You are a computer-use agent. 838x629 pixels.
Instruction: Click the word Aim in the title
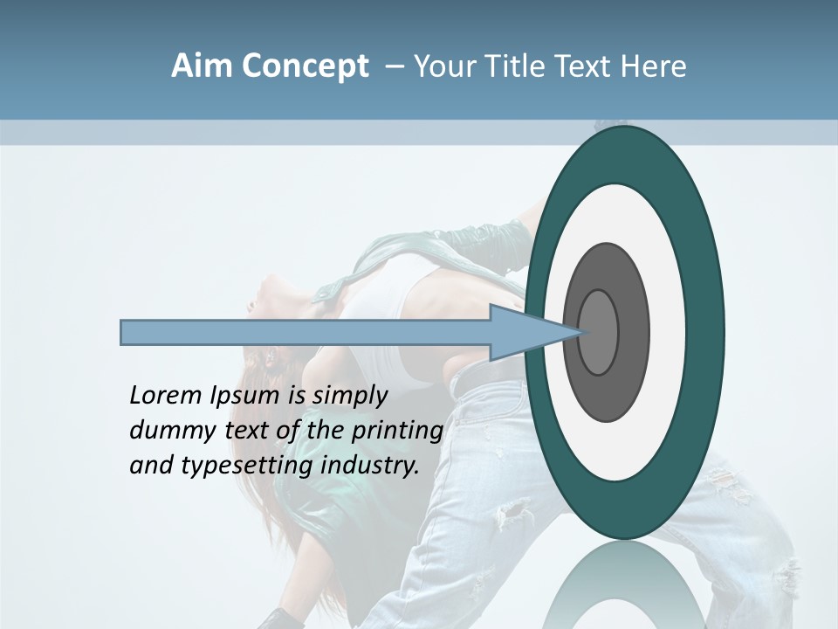coord(202,66)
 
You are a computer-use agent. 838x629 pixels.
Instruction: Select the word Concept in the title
coord(305,67)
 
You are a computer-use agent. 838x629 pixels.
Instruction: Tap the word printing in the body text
coord(396,432)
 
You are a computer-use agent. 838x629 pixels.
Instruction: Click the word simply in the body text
coord(350,396)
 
